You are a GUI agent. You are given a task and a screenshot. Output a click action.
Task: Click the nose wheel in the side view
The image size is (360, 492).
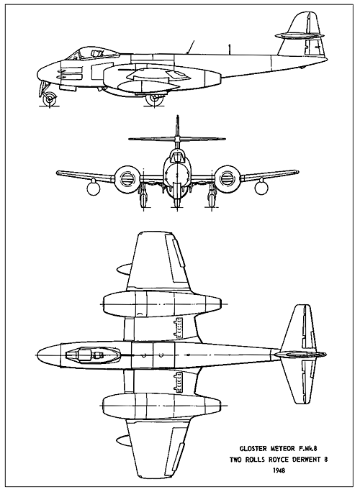point(50,99)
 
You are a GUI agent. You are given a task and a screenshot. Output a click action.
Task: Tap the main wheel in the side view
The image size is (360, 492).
point(155,99)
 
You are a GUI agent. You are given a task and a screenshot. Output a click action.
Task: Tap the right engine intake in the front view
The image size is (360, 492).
point(227,179)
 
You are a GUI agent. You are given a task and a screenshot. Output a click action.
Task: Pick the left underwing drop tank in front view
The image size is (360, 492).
point(94,188)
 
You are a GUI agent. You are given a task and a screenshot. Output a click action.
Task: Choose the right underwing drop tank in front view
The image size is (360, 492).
point(261,188)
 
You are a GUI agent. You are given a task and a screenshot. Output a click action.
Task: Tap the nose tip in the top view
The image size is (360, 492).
point(35,355)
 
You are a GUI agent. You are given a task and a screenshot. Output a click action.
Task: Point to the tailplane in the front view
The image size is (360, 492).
point(177,138)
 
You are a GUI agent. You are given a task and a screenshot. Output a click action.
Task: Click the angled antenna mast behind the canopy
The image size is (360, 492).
point(191,47)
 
